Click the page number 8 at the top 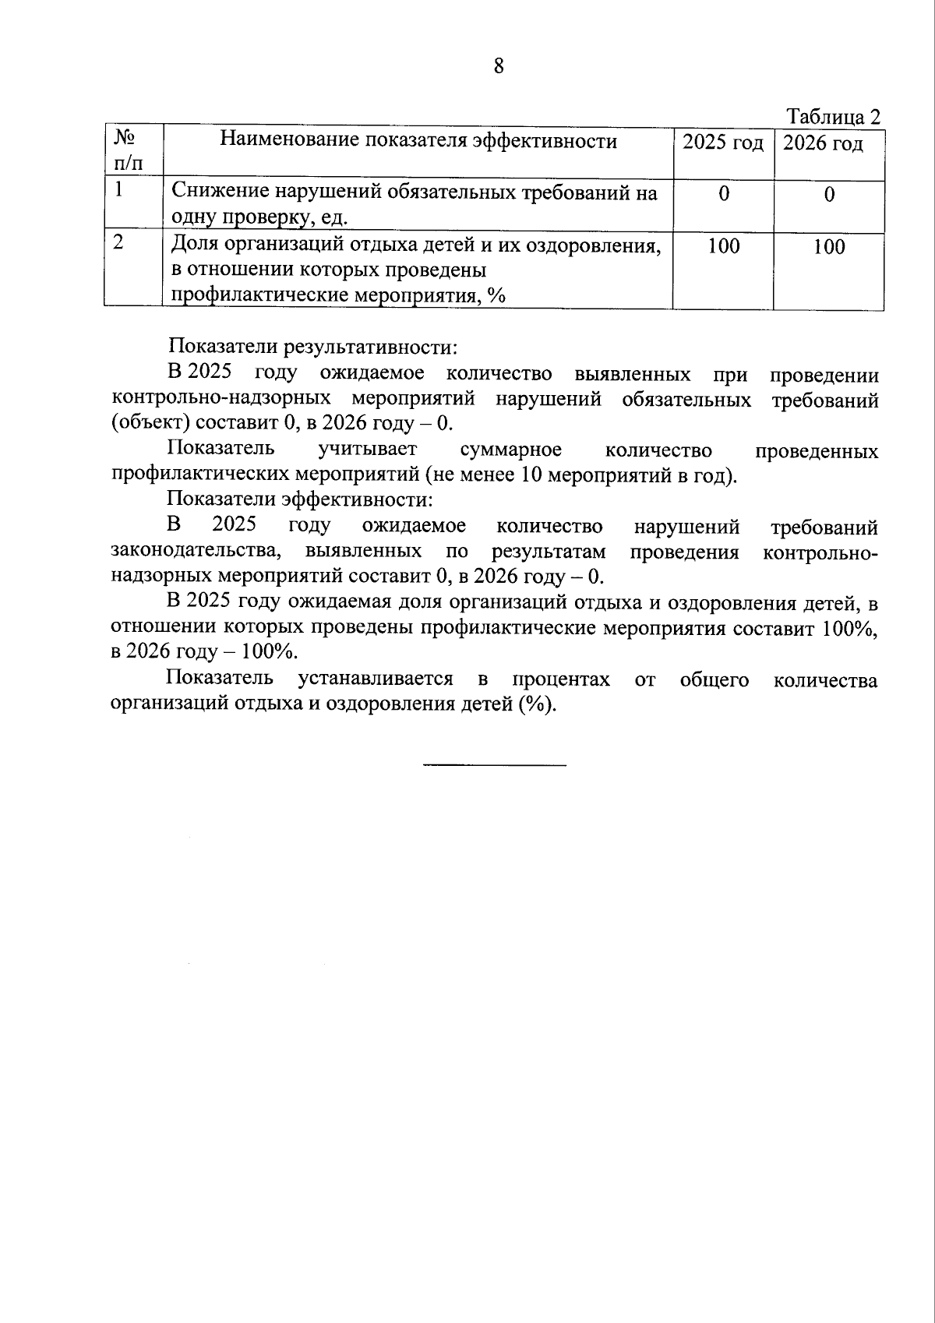coord(499,66)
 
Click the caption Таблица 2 coord(834,117)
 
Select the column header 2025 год coord(723,143)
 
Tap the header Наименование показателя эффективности coord(418,140)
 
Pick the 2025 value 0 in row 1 coord(724,194)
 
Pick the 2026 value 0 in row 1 coord(829,194)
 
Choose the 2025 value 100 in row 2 coord(724,246)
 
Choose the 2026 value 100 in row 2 coord(829,247)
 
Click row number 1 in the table coord(119,189)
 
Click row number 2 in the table coord(118,242)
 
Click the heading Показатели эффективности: coord(299,499)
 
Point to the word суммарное coord(510,450)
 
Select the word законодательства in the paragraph coord(196,552)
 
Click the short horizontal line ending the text coord(495,764)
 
